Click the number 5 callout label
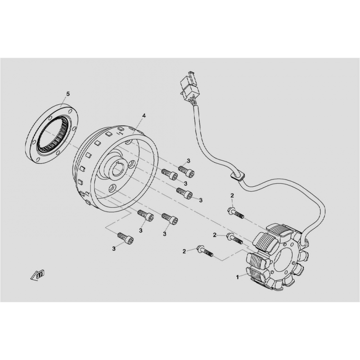[x=68, y=94]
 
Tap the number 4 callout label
[x=144, y=116]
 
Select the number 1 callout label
[x=237, y=278]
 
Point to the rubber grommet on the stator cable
[x=237, y=176]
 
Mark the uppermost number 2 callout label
[x=232, y=195]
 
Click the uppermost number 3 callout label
[x=189, y=161]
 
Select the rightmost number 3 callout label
[x=201, y=200]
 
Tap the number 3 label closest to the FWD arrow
[x=114, y=248]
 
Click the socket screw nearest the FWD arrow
[x=125, y=238]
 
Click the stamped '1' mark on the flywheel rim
[x=120, y=132]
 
